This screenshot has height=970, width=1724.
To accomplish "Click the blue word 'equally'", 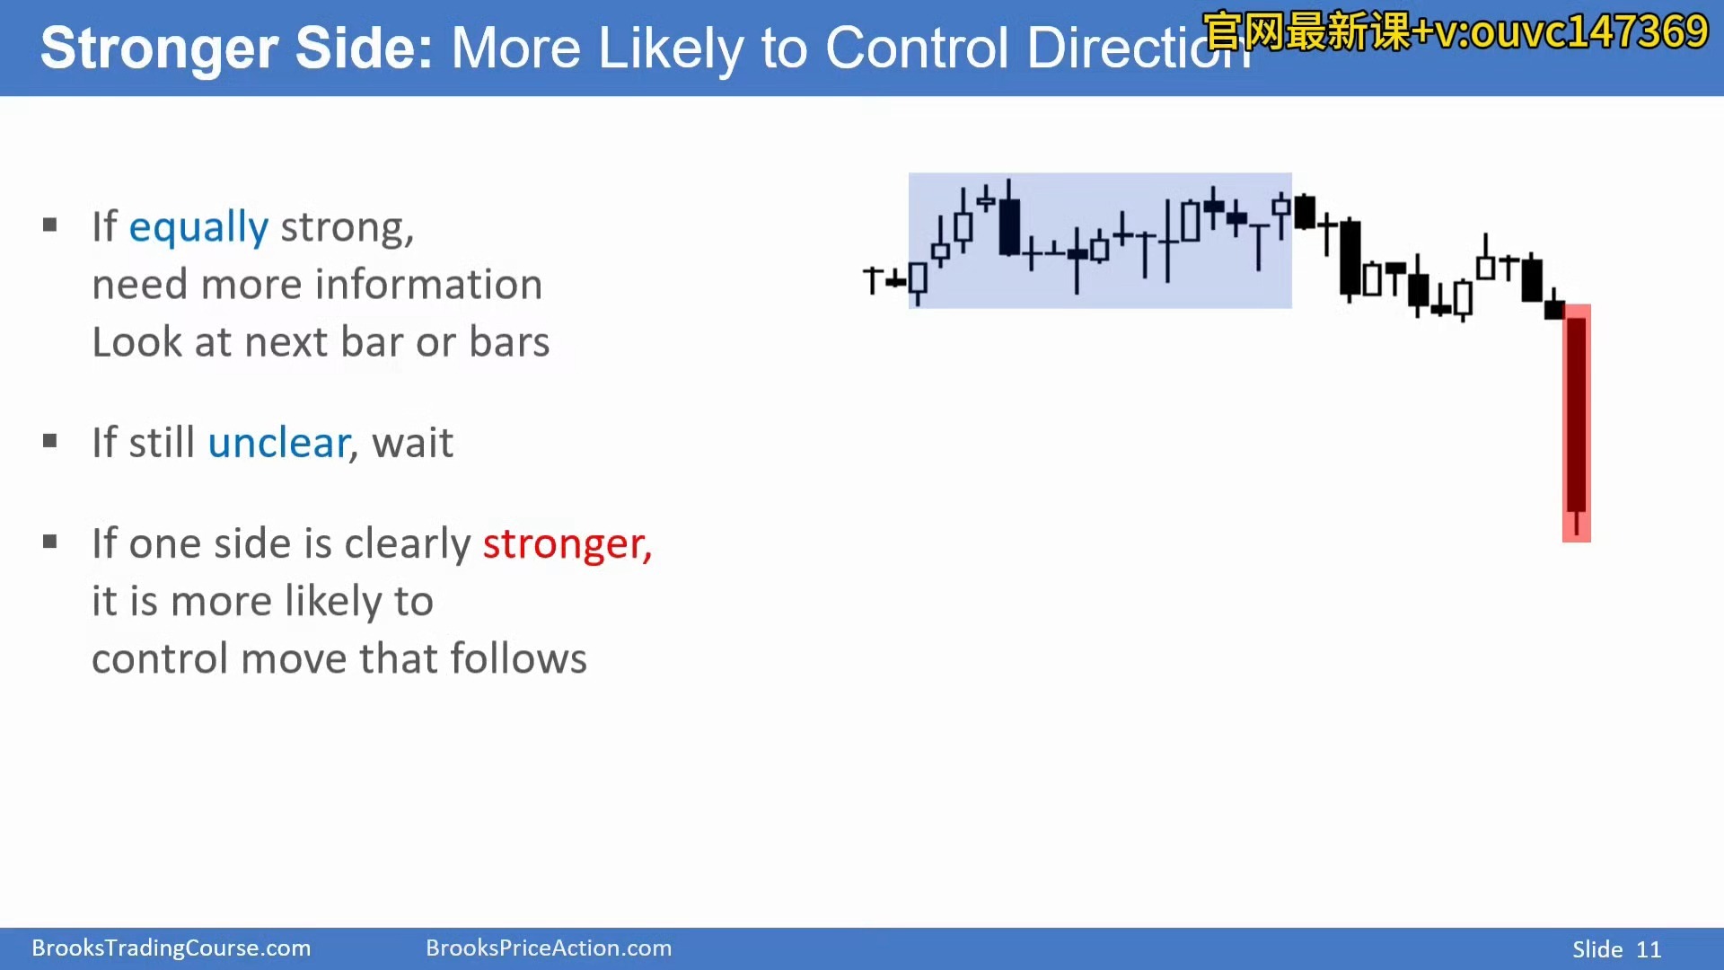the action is pos(198,228).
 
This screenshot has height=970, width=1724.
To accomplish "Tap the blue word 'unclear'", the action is pos(278,443).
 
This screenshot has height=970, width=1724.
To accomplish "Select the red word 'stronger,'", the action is pos(567,544).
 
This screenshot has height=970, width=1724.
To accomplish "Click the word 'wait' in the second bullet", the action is pos(413,443).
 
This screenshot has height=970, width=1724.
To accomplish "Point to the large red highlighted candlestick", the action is pos(1576,423).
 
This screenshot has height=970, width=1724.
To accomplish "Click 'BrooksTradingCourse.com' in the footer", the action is pos(172,948).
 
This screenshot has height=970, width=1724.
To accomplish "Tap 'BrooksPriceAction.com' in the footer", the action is pos(549,948).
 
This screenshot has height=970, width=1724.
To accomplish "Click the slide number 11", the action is pos(1649,949).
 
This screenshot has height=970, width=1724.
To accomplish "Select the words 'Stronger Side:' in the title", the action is pos(237,48).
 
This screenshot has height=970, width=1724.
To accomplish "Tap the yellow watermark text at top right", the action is pos(1455,32).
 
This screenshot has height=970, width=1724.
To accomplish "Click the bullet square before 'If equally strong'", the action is pos(50,225).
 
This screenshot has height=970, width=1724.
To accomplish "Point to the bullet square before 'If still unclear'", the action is pos(50,441).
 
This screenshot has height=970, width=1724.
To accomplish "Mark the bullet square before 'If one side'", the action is pos(50,542).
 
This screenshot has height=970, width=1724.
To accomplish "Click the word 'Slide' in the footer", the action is pos(1597,949).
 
